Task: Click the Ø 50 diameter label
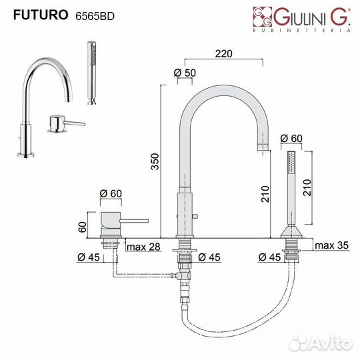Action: coord(185,72)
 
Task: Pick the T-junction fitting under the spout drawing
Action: coord(183,275)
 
